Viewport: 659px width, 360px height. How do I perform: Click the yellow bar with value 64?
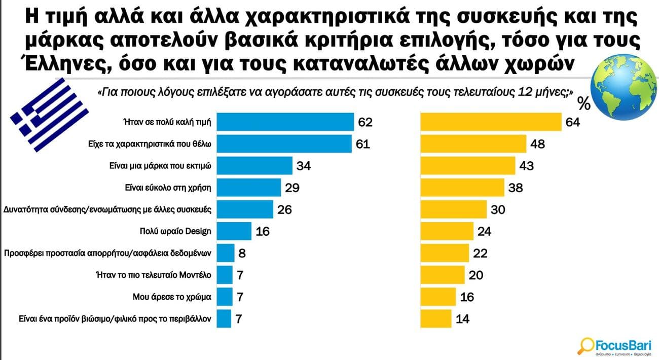click(491, 122)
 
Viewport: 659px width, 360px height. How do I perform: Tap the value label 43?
click(526, 166)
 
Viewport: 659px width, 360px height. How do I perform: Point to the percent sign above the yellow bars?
click(584, 104)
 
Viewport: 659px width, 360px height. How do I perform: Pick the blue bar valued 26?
click(252, 209)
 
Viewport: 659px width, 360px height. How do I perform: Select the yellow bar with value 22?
click(444, 253)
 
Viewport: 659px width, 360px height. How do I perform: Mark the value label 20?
click(477, 275)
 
